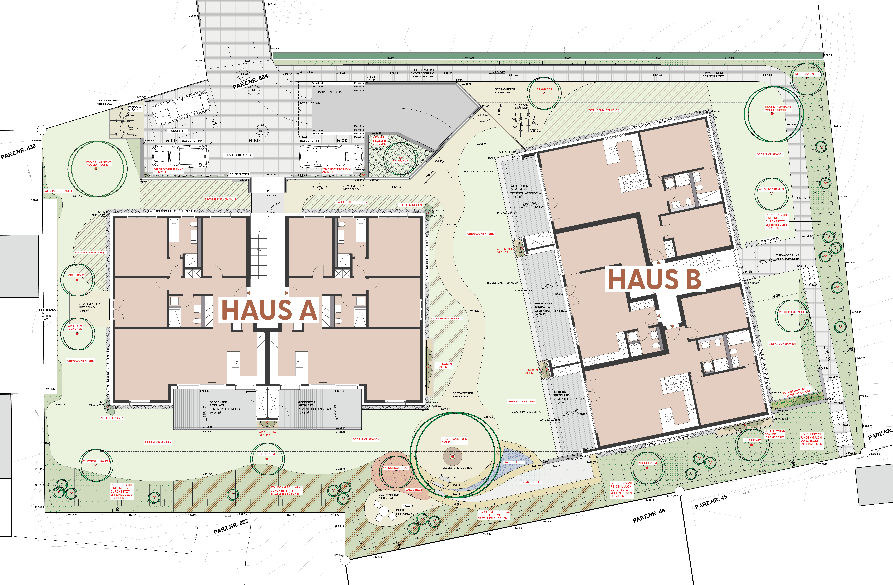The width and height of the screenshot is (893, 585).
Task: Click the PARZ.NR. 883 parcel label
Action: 231,526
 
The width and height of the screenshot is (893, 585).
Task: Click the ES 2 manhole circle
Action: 243,74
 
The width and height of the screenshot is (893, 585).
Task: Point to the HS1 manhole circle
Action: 262,131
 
